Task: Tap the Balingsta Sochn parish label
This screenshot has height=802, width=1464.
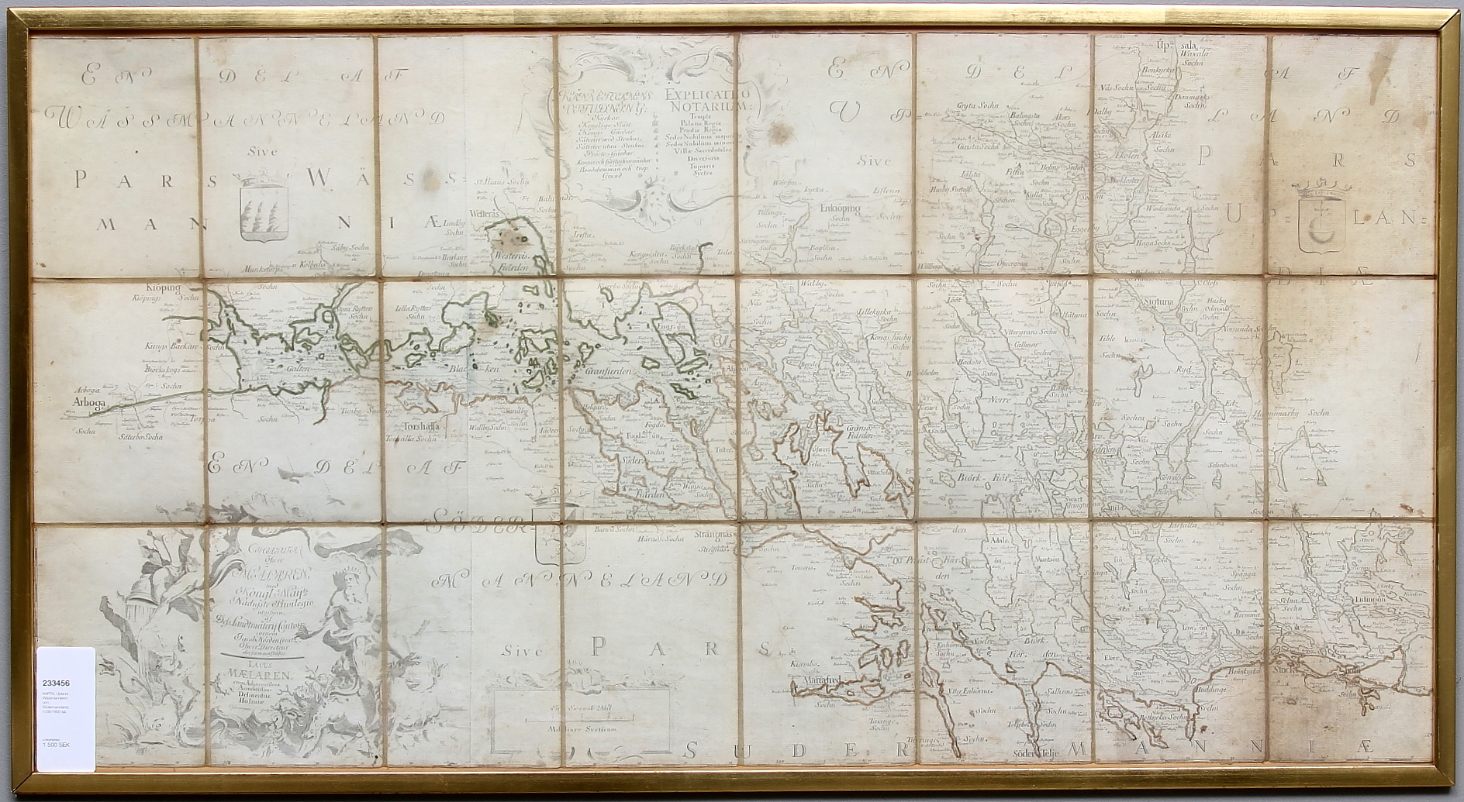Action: (1025, 115)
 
